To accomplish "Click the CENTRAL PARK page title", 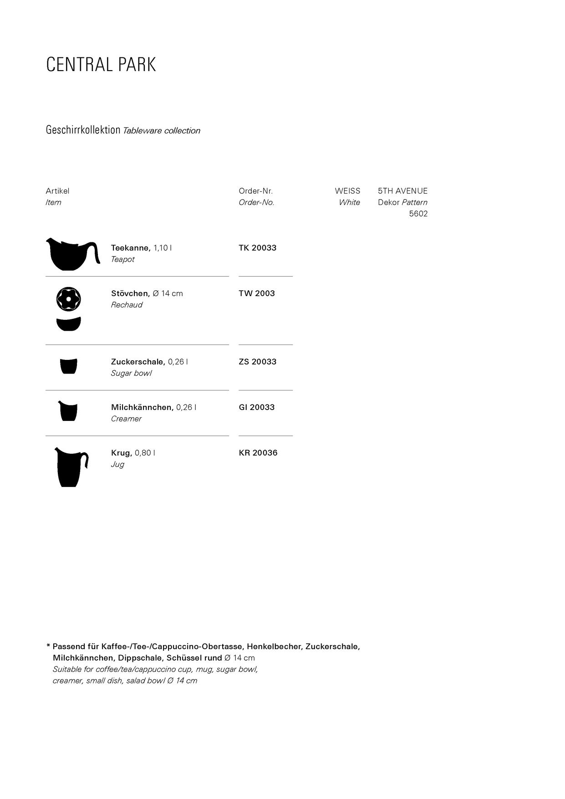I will click(x=101, y=65).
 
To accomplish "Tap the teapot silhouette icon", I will click(x=71, y=255).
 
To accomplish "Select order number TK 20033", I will click(x=258, y=248).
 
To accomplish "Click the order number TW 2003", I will click(x=257, y=293).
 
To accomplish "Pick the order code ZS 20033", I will click(x=258, y=362).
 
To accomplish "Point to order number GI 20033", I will click(x=257, y=407).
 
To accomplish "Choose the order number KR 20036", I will click(x=258, y=453).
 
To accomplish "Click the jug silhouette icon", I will click(x=70, y=467).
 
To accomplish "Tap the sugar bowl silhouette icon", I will click(x=69, y=366).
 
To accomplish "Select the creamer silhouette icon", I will click(x=68, y=411).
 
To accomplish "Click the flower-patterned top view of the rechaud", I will click(x=69, y=299).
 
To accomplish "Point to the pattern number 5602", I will click(x=418, y=214).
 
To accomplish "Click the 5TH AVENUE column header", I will click(x=403, y=191).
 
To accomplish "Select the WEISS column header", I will click(x=347, y=191).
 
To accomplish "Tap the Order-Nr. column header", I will click(x=256, y=191).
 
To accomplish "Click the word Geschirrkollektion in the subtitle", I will click(x=83, y=130).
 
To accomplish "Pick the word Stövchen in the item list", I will click(x=130, y=293).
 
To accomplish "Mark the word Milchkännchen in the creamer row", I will click(x=142, y=407).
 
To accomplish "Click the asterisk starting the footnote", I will click(x=48, y=646).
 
